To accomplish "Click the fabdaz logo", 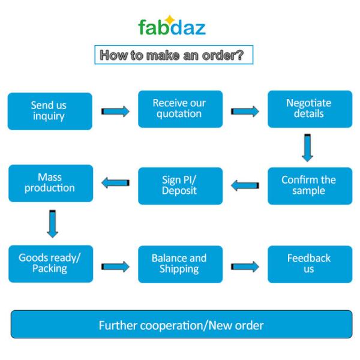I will [x=172, y=27].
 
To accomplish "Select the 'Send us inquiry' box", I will [x=50, y=110].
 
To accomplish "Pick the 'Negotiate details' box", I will [x=308, y=109].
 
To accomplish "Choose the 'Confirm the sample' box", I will [x=308, y=185].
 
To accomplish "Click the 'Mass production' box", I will [x=50, y=183].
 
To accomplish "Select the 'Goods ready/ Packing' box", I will [x=50, y=263].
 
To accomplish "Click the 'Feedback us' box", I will [x=308, y=263].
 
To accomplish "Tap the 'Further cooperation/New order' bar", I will [x=181, y=325].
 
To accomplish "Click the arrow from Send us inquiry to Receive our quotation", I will [x=115, y=111].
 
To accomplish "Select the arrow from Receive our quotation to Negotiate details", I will [x=245, y=111].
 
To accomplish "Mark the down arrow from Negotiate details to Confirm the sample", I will [x=307, y=148].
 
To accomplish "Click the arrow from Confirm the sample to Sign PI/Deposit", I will [x=245, y=185].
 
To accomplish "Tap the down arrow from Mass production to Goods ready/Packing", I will [x=51, y=223].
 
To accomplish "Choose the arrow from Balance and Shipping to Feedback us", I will [x=245, y=266].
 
